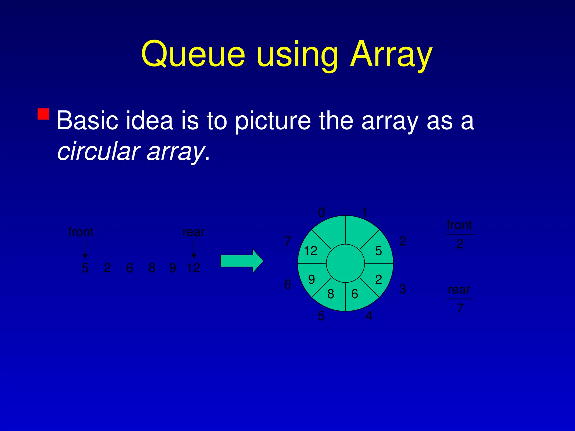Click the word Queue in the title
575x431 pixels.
(x=193, y=54)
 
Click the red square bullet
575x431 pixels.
(x=43, y=114)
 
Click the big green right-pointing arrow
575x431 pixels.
(x=241, y=261)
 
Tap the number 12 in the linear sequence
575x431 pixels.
(x=193, y=268)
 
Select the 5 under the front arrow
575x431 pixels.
(x=85, y=268)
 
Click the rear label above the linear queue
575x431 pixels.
(x=193, y=232)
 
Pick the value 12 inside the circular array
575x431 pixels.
(x=311, y=251)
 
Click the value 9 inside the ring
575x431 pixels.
(x=311, y=279)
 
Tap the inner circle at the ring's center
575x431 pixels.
(x=345, y=263)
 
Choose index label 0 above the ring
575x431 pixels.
(x=322, y=212)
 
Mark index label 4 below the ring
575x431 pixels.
(x=369, y=316)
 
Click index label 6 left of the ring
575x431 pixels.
(x=287, y=284)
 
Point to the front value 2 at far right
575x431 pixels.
(x=460, y=244)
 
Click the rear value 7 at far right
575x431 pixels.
(x=460, y=308)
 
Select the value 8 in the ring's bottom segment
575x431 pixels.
(x=331, y=294)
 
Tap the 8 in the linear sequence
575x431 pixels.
(x=152, y=268)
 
